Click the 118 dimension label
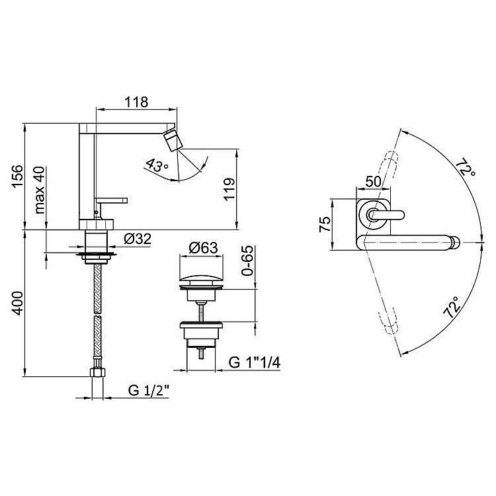click(x=136, y=102)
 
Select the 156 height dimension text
click(x=18, y=176)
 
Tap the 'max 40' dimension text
click(x=40, y=190)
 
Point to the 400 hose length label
click(x=18, y=304)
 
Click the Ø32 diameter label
click(x=138, y=239)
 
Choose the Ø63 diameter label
click(x=204, y=248)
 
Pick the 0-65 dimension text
click(x=247, y=261)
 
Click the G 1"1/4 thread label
click(x=255, y=362)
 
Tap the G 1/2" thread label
click(x=149, y=390)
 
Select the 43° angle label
click(x=157, y=166)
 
